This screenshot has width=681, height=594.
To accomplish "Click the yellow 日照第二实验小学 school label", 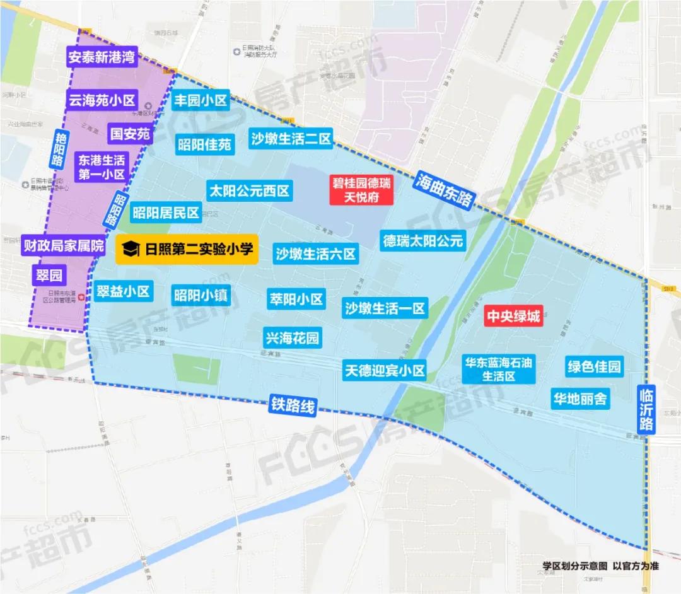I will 187,248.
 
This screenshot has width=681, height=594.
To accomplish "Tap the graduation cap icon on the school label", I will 130,248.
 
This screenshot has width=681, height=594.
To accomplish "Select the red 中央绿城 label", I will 513,316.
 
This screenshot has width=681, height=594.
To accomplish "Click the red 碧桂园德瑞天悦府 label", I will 362,190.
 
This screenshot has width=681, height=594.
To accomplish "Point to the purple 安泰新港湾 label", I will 102,57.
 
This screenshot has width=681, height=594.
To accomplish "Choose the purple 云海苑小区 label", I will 102,100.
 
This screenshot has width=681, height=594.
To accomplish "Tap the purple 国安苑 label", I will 131,134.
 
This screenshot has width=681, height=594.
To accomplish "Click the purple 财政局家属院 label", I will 63,245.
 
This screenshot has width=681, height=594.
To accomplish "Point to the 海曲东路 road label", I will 445,190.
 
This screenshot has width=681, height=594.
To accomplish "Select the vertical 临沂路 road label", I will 646,410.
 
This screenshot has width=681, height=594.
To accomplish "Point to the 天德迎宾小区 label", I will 385,370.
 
